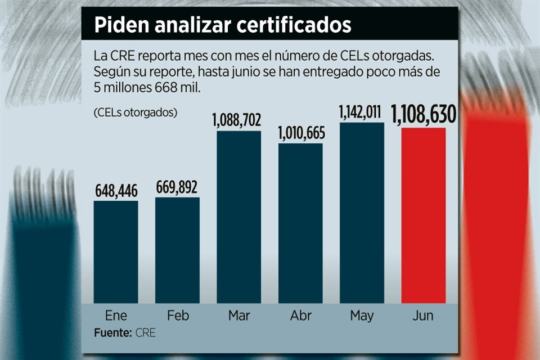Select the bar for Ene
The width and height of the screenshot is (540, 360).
click(x=115, y=252)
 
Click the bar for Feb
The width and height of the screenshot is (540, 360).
click(x=177, y=250)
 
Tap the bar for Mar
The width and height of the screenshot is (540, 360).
click(x=239, y=217)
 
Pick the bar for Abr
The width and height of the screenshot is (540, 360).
click(x=300, y=223)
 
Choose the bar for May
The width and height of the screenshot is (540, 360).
click(x=362, y=213)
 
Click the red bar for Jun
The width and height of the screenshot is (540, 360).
click(x=423, y=215)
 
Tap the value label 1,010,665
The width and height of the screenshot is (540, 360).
click(x=300, y=134)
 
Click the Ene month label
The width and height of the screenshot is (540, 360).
click(x=115, y=316)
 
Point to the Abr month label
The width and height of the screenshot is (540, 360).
click(x=300, y=316)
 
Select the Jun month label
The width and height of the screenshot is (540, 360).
click(x=423, y=316)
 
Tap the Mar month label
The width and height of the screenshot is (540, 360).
click(x=239, y=316)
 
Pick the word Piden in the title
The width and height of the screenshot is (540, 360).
click(x=117, y=25)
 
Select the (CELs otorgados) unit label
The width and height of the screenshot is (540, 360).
click(x=136, y=112)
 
